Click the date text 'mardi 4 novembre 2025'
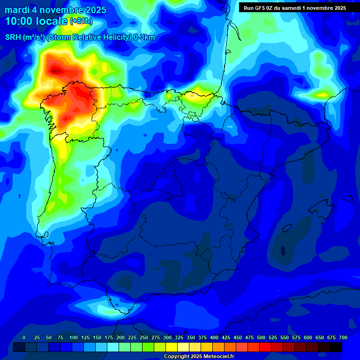(55, 10)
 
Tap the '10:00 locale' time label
(37, 21)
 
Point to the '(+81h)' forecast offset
(81, 22)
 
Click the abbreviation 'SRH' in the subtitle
(13, 37)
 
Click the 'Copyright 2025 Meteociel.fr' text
(199, 357)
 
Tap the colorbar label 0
(24, 337)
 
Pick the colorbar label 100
(74, 337)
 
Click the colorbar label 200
(120, 337)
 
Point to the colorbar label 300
(167, 337)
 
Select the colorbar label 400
(214, 337)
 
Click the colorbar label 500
(261, 337)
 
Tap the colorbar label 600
(308, 337)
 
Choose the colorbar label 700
(343, 337)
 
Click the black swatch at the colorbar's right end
(336, 347)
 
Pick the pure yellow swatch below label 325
(172, 347)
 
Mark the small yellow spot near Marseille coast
(322, 95)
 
